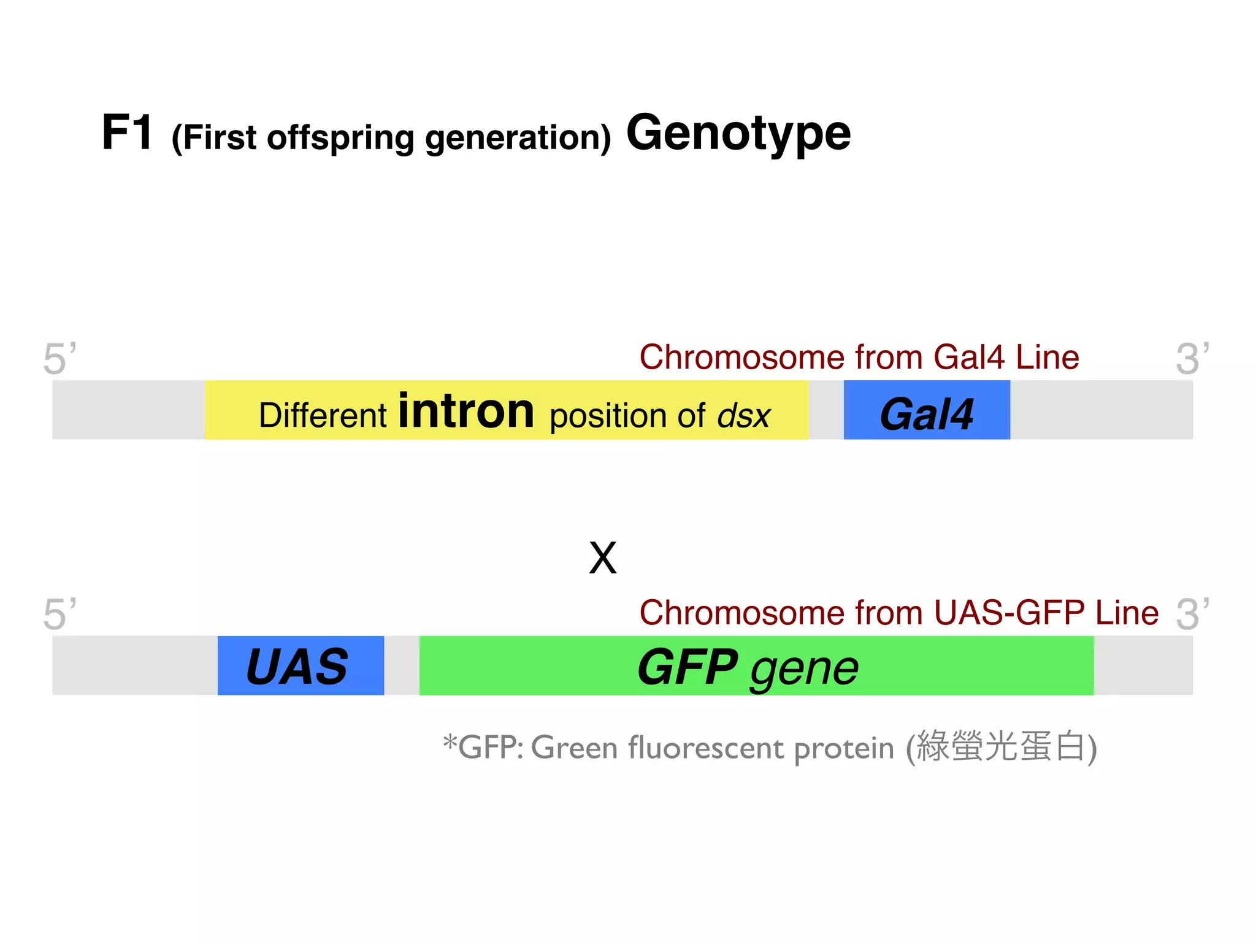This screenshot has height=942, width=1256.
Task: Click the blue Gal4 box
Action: tap(926, 410)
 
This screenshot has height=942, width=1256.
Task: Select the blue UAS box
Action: tap(301, 665)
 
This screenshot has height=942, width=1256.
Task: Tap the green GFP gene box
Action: tap(756, 665)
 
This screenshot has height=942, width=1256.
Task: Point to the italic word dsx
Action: tap(744, 416)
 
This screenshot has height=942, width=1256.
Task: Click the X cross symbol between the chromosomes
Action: tap(602, 558)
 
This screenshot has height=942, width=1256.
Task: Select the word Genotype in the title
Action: tap(738, 133)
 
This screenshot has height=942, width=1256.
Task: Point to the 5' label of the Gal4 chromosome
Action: tap(59, 358)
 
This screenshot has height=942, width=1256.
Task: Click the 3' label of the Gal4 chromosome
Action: tap(1192, 358)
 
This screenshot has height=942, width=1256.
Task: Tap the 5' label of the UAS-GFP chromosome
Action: tap(59, 613)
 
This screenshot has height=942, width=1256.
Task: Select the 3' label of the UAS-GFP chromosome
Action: tap(1192, 613)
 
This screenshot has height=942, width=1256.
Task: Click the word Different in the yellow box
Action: tap(322, 415)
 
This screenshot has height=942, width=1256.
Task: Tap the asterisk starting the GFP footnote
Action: tap(450, 742)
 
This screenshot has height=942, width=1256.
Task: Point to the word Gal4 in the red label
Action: tap(969, 357)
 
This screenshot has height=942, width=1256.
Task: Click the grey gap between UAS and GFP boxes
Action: tap(402, 665)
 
